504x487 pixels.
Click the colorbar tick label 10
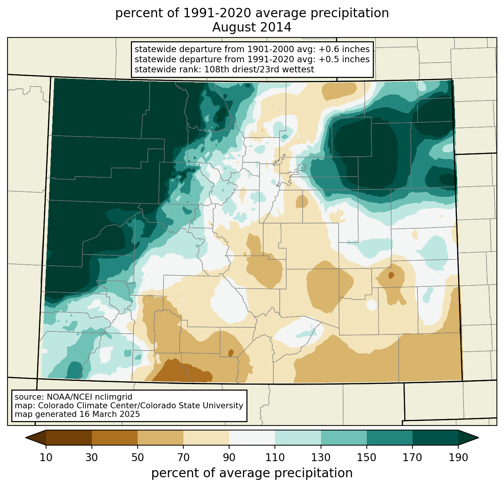[x=46, y=458]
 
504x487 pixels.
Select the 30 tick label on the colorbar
[x=91, y=458]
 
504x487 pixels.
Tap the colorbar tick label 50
[x=138, y=458]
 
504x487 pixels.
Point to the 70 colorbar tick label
[x=183, y=458]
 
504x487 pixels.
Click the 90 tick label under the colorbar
[x=229, y=458]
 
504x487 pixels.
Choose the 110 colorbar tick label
[x=275, y=458]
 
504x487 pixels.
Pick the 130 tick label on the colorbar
[x=321, y=458]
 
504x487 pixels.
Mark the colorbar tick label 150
[x=366, y=458]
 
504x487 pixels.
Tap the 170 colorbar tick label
[x=412, y=458]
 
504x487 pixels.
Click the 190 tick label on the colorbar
[x=458, y=458]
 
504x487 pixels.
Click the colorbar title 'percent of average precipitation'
[x=252, y=473]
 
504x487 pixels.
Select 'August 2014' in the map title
[x=252, y=27]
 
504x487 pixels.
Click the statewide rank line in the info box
[x=224, y=69]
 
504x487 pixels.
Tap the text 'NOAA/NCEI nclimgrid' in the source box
[x=89, y=397]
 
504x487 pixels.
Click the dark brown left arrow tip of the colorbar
[x=26, y=438]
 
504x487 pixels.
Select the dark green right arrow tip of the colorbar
[x=478, y=438]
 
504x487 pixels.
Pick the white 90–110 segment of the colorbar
[x=252, y=438]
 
